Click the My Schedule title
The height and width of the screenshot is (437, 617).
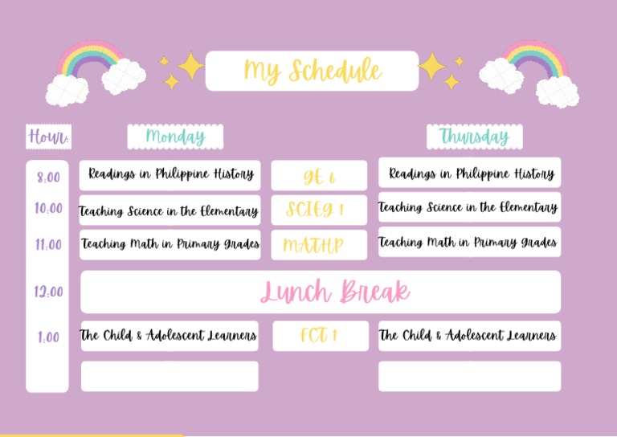point(312,71)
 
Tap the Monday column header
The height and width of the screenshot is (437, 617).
point(175,137)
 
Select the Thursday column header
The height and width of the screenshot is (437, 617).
point(474,137)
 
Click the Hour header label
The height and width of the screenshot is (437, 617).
point(48,137)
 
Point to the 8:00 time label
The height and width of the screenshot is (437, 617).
point(48,177)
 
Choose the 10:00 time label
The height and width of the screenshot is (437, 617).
point(48,209)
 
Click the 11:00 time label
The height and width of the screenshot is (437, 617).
point(48,245)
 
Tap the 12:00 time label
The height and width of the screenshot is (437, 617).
point(48,292)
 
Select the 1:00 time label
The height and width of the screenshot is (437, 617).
point(48,337)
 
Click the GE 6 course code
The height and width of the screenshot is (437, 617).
point(319,176)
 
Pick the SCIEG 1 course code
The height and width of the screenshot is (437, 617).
point(319,210)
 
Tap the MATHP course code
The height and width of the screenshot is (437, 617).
point(319,245)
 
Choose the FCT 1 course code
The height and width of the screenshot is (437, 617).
point(319,336)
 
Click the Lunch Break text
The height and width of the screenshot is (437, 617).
point(334,292)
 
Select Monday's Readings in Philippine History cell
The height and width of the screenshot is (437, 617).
point(170,174)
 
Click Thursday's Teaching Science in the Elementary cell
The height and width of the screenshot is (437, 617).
point(469,207)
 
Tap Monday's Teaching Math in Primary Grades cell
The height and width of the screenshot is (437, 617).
point(170,244)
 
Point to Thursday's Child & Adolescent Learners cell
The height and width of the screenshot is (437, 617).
point(469,336)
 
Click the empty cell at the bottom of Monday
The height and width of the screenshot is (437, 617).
point(170,376)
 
